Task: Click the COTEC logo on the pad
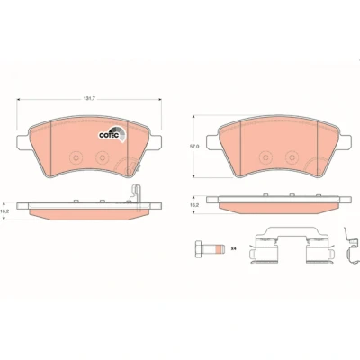pyautogui.click(x=112, y=134)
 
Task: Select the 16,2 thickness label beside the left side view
pyautogui.click(x=4, y=211)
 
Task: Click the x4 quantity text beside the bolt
pyautogui.click(x=234, y=248)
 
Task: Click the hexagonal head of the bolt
pyautogui.click(x=198, y=249)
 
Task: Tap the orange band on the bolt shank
pyautogui.click(x=220, y=249)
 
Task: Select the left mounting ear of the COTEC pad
pyautogui.click(x=22, y=141)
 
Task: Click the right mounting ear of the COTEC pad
pyautogui.click(x=156, y=142)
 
